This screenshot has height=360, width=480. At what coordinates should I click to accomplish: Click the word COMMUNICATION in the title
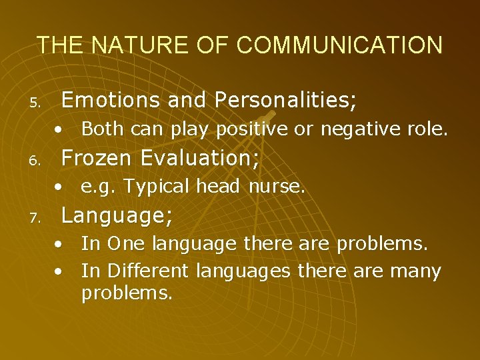coord(339,45)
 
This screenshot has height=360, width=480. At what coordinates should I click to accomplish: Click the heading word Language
coord(117,215)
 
